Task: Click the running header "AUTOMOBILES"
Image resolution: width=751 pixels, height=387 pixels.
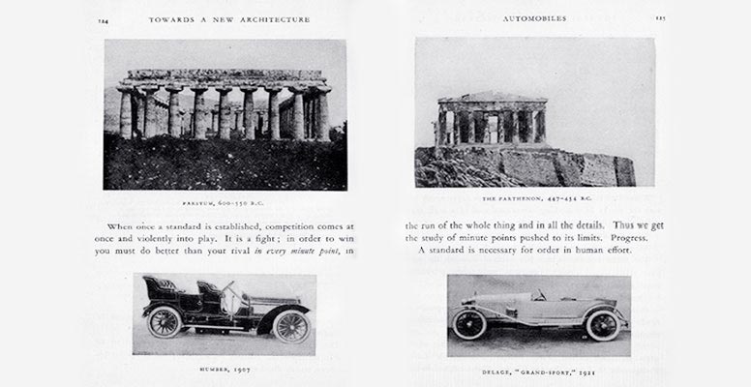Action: coord(535,17)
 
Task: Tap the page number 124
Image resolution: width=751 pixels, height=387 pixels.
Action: coord(104,18)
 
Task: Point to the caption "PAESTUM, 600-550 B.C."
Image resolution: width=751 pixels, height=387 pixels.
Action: coord(224,203)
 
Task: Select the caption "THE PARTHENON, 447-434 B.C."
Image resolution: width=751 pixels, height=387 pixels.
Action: coord(535,198)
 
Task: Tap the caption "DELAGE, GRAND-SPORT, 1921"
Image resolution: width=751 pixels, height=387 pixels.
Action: coord(537,369)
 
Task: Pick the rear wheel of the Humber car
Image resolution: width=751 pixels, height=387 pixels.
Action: coord(165,321)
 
